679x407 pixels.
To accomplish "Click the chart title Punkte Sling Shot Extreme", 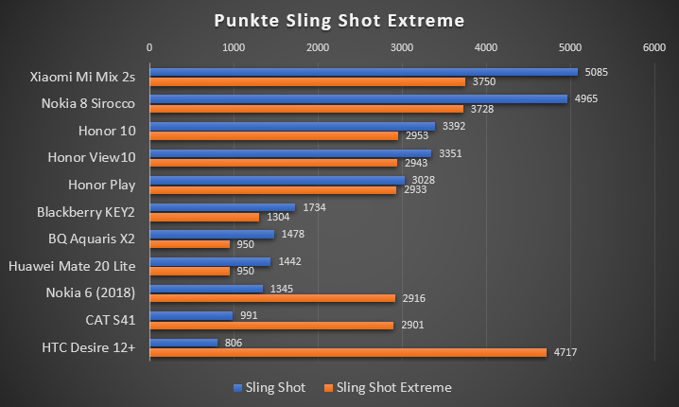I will tap(339, 19).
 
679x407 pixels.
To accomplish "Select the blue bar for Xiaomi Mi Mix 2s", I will tap(363, 71).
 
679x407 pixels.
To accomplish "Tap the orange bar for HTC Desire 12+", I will tap(347, 352).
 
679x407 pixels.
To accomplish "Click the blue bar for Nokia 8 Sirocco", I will tap(357, 98).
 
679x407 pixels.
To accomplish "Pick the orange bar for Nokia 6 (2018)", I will tap(271, 298).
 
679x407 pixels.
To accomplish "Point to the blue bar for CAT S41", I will tap(190, 315).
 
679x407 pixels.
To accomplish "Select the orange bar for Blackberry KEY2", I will tap(203, 217).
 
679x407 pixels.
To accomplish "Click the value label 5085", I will tap(598, 71).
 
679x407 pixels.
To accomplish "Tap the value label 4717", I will tap(566, 352).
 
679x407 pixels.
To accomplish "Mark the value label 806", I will tap(233, 342).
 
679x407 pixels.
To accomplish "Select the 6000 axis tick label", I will tap(653, 46).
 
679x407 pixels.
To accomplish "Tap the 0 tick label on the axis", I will tap(148, 46).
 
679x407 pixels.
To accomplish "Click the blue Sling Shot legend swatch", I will tap(237, 387).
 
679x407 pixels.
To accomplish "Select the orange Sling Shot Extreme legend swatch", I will tap(329, 387).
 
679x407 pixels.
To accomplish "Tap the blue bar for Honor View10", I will tap(289, 152).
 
